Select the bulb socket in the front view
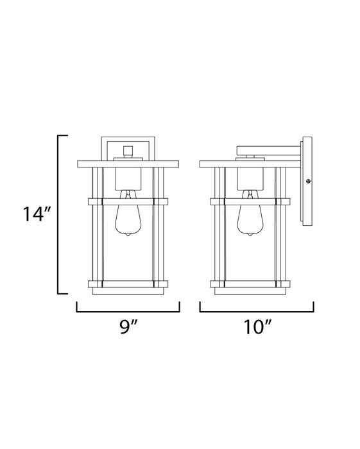tap(128, 179)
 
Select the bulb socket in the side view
tap(250, 179)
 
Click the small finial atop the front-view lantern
tap(128, 152)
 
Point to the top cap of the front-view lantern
tap(128, 163)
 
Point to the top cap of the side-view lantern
tap(250, 163)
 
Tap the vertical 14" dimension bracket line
tap(60, 215)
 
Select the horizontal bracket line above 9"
tap(128, 310)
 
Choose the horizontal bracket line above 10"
tap(256, 310)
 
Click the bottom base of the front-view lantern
tap(128, 291)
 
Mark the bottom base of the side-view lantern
tap(250, 291)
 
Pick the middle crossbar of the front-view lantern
tap(128, 201)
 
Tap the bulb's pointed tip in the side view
tap(250, 235)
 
